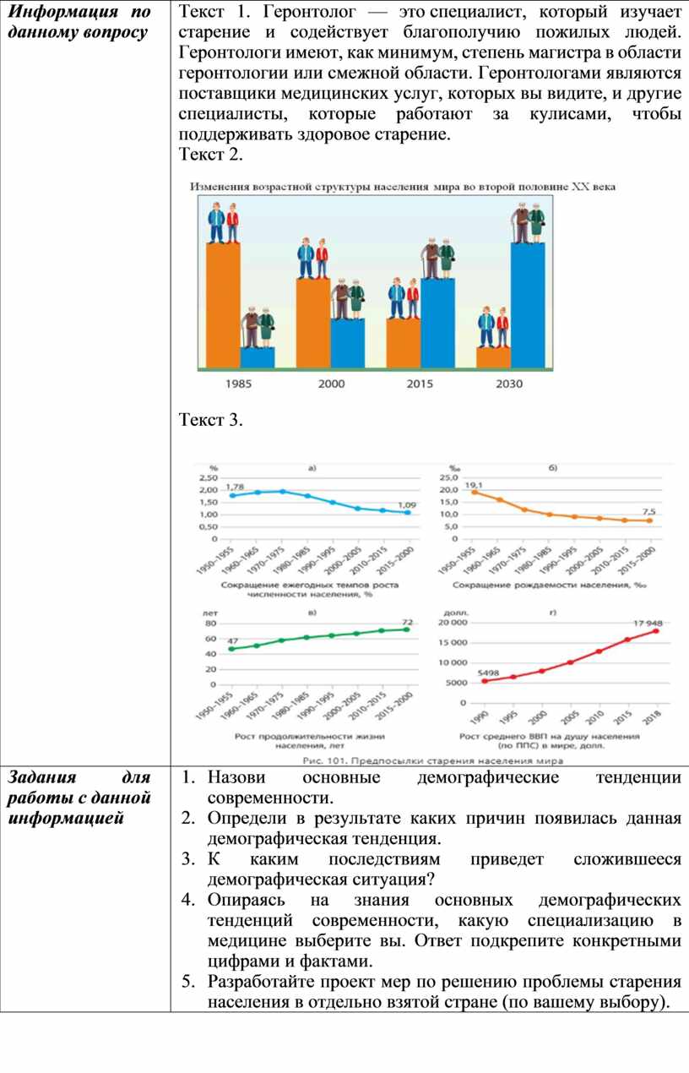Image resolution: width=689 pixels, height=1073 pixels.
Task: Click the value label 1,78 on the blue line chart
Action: [x=235, y=487]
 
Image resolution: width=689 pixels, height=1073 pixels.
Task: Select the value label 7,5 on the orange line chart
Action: [x=648, y=512]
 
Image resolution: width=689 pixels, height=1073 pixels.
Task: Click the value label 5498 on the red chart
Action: [x=489, y=673]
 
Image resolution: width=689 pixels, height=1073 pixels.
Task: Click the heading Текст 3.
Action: [x=211, y=420]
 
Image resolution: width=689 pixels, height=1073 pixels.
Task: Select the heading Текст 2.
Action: [x=211, y=155]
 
